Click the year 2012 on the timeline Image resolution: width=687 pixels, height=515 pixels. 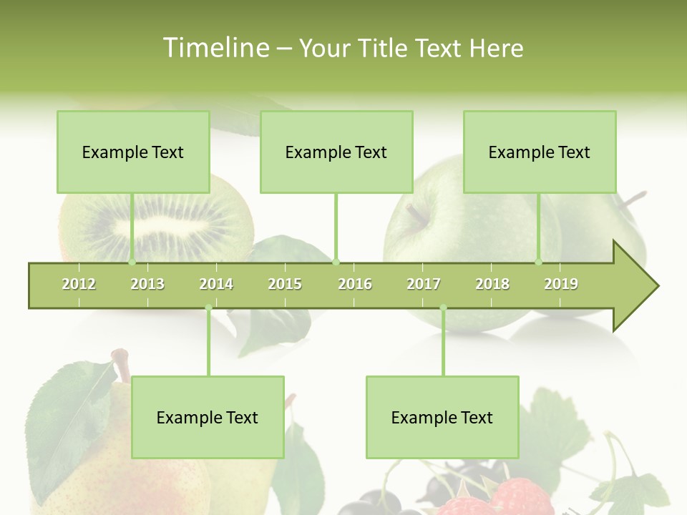tap(79, 284)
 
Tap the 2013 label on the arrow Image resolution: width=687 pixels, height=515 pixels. tap(147, 284)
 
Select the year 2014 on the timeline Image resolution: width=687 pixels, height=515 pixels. tap(216, 284)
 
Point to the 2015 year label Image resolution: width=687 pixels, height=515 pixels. tap(285, 284)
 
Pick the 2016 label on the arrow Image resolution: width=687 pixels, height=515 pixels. tap(355, 284)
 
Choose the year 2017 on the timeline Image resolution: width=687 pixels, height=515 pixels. tap(424, 284)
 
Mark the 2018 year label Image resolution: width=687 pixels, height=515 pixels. tap(492, 284)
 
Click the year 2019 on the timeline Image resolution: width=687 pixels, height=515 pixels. tap(561, 284)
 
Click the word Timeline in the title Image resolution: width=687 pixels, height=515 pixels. tap(215, 48)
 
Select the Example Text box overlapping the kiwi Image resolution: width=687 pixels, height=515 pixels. tap(133, 152)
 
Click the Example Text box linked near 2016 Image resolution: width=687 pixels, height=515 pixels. tap(336, 152)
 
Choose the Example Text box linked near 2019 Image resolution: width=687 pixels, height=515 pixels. tap(540, 152)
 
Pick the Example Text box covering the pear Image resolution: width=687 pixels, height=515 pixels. tap(208, 417)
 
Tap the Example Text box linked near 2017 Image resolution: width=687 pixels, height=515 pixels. tap(442, 417)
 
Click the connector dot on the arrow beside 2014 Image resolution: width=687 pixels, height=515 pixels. tap(208, 308)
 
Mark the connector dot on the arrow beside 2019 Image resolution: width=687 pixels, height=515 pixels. tap(539, 263)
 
